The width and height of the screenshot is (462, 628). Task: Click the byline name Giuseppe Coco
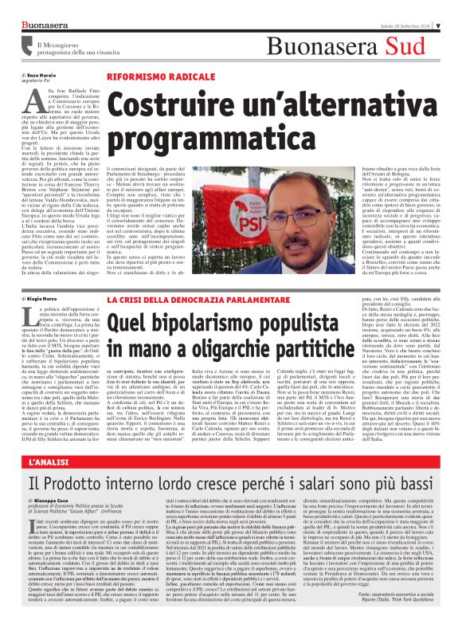[x=47, y=501]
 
